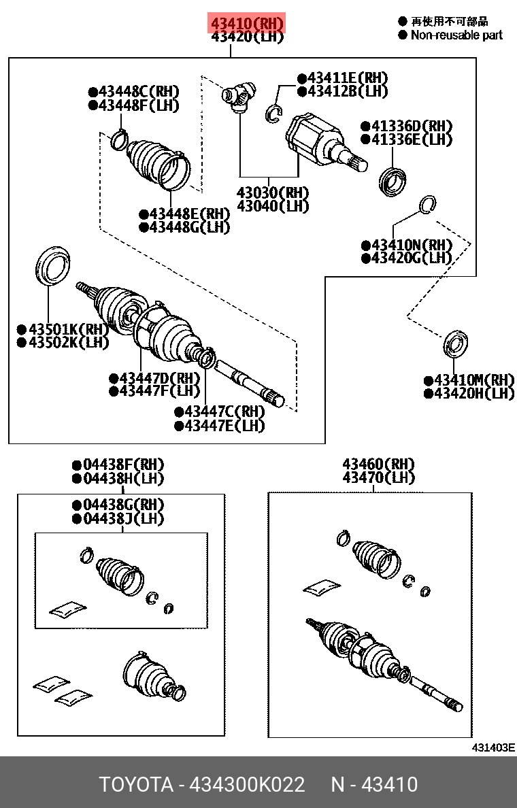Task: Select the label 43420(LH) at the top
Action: (x=247, y=37)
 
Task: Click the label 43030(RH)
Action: (x=272, y=192)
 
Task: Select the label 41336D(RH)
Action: (x=406, y=127)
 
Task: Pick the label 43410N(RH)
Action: (x=406, y=245)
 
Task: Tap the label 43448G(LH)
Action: (x=184, y=227)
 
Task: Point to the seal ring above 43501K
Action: (x=52, y=266)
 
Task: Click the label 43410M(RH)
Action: (x=469, y=380)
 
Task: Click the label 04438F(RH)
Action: (x=118, y=465)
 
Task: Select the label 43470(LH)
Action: (x=378, y=478)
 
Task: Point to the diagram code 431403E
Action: (x=493, y=747)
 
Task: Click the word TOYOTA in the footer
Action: (x=136, y=784)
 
